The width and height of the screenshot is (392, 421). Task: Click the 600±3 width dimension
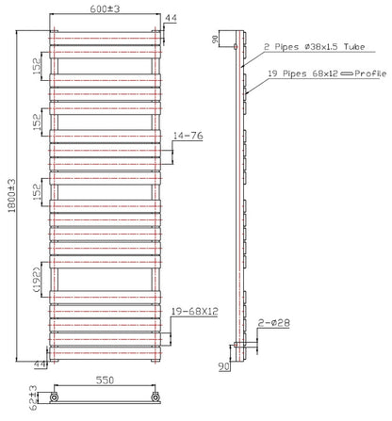point(105,8)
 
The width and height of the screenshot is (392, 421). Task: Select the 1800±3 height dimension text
point(11,196)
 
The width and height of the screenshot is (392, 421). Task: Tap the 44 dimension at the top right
point(171,18)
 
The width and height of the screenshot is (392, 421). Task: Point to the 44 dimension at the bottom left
point(41,364)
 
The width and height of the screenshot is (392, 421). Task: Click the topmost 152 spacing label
point(37,66)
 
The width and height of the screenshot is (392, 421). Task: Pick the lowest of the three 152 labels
point(37,192)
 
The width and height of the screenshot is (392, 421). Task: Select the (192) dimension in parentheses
point(37,280)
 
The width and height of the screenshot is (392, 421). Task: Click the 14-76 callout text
point(188,136)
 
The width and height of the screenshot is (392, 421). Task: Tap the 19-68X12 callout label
point(195,311)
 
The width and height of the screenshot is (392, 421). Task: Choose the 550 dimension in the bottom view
point(105,381)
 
